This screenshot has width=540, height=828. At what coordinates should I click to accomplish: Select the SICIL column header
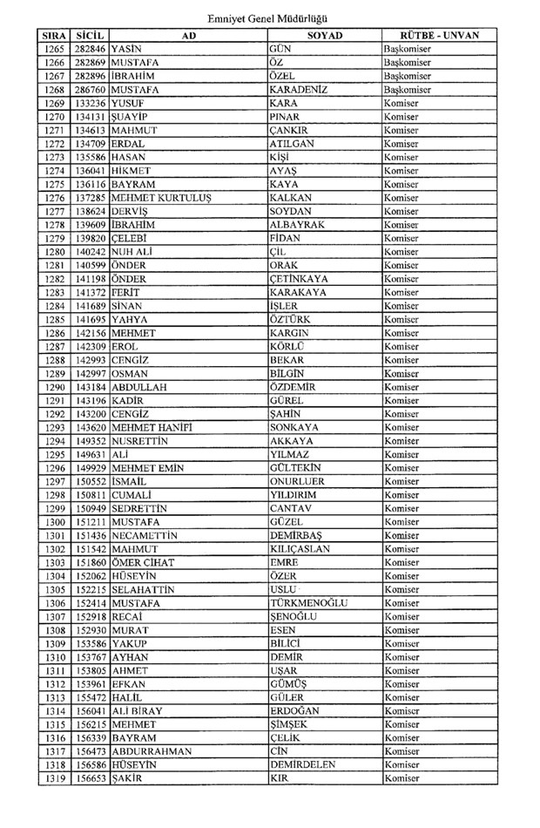tap(91, 36)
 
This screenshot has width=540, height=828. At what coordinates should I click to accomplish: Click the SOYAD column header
tap(325, 36)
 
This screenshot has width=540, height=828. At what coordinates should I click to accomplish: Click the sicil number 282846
tap(91, 49)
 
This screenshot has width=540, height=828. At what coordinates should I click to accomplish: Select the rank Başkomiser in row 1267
tap(408, 76)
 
